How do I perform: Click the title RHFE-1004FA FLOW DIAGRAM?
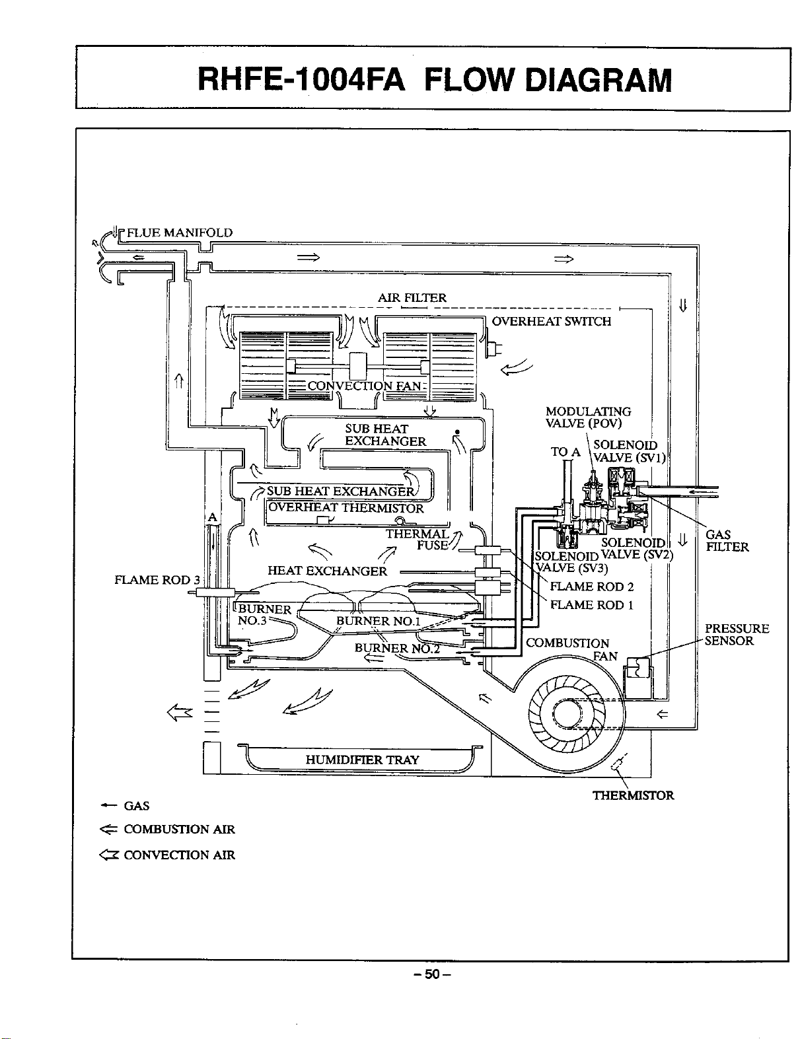click(435, 79)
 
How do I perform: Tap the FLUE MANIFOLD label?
click(180, 233)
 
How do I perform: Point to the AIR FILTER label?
click(412, 298)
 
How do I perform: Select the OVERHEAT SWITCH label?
click(552, 321)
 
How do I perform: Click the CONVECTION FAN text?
click(365, 386)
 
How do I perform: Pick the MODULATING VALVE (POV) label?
click(588, 417)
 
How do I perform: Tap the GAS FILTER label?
click(727, 541)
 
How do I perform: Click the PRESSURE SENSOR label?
click(737, 635)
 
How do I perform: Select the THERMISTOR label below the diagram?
click(633, 795)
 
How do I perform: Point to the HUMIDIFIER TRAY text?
click(362, 760)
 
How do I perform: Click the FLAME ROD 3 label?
click(157, 580)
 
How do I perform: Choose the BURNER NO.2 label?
click(397, 648)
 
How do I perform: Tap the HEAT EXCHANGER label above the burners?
click(327, 571)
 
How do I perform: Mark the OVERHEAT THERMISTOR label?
click(346, 508)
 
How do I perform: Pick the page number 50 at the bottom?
click(431, 984)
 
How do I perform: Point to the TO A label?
click(565, 452)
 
